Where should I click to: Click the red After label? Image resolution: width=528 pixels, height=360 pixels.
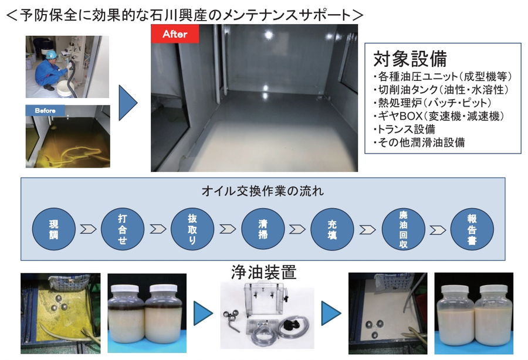tap(175, 33)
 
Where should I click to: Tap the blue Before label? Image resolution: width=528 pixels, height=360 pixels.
tap(45, 110)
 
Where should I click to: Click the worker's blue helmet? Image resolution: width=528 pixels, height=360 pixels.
tap(51, 55)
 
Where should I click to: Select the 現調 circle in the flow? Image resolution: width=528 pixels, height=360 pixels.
tap(53, 229)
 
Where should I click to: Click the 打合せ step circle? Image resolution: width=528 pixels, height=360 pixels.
tap(123, 229)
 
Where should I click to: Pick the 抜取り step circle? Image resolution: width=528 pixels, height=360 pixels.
tap(192, 229)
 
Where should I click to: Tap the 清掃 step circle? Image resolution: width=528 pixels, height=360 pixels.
tap(263, 229)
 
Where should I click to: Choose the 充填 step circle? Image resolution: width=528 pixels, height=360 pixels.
tap(332, 229)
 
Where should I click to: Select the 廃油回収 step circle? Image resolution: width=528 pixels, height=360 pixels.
tap(403, 229)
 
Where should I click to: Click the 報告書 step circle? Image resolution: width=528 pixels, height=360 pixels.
tap(472, 229)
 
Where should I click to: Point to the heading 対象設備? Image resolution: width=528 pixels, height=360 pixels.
tap(410, 59)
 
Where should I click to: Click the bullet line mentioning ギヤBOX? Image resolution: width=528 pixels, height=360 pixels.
tap(439, 116)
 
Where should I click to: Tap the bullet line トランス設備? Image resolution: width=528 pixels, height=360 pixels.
tap(404, 129)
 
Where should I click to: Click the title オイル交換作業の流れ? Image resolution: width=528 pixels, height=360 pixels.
tap(263, 191)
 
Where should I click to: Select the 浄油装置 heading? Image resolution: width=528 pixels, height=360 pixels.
tap(263, 272)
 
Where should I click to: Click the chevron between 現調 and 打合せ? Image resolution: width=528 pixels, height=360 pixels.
tap(88, 229)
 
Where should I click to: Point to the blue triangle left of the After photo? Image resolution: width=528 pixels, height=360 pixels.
tap(128, 103)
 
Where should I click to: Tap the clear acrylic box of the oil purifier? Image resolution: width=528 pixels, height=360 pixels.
tap(263, 299)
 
